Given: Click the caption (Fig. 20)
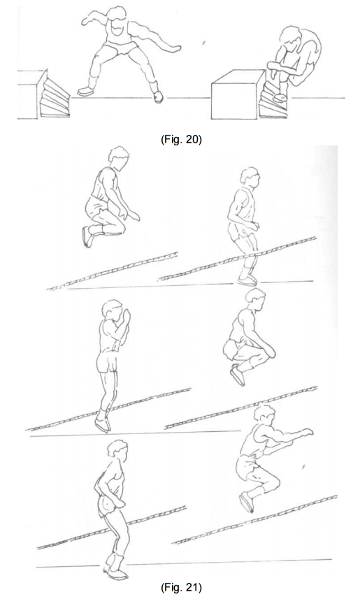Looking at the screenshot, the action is click(x=181, y=139).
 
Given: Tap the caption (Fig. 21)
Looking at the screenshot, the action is click(x=181, y=588).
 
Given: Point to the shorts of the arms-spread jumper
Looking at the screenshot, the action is click(x=121, y=48).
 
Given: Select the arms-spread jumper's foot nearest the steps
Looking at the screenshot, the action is click(x=85, y=91).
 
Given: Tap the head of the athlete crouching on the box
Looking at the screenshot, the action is click(x=291, y=38).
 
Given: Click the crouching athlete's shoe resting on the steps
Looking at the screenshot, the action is click(x=280, y=97).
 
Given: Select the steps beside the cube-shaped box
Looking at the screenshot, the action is click(x=273, y=100).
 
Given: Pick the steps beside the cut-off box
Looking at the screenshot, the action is click(x=55, y=97).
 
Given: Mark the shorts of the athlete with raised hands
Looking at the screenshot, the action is click(x=107, y=363).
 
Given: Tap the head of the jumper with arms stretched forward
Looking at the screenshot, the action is click(x=264, y=415).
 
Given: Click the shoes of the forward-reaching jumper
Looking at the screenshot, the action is click(x=247, y=502).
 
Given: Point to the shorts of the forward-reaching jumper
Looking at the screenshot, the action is click(x=246, y=468).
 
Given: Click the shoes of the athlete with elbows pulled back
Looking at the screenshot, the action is click(x=115, y=572).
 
